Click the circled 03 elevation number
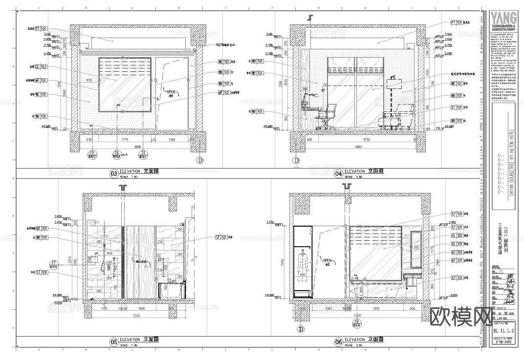click(113, 173)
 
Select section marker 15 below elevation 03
click(91, 155)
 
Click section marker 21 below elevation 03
click(144, 155)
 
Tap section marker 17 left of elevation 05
click(54, 266)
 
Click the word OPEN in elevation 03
click(171, 91)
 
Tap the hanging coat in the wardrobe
click(303, 261)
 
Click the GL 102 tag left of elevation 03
click(41, 67)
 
